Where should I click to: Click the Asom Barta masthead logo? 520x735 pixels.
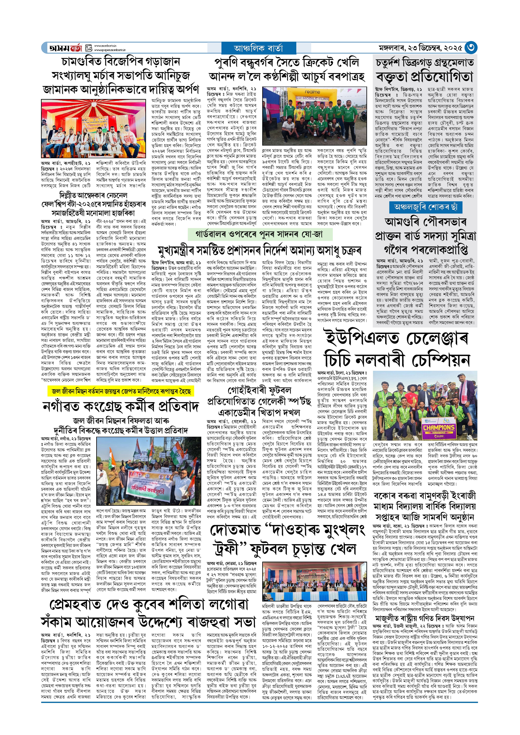point(65,48)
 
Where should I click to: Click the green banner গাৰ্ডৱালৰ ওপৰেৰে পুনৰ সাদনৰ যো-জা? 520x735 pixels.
point(260,234)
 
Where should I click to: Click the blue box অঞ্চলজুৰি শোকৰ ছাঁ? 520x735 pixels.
point(426,207)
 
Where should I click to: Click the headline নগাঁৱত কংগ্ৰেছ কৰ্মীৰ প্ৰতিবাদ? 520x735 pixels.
point(121,406)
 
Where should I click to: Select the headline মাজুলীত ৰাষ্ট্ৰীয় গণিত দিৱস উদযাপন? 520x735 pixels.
point(425,618)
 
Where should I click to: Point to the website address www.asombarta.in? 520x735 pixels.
point(105,46)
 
